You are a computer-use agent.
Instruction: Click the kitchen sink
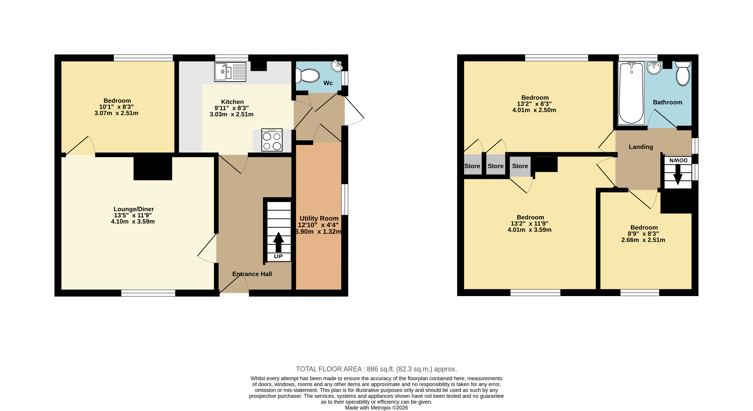point(230,72)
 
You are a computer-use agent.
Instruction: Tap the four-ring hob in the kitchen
point(272,140)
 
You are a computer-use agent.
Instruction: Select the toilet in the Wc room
point(307,76)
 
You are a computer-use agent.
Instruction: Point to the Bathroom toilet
point(683,74)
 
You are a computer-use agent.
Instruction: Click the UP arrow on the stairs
point(278,242)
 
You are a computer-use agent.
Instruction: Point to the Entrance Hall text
point(252,274)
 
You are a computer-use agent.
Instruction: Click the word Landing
point(641,147)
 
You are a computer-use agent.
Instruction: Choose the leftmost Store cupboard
point(472,166)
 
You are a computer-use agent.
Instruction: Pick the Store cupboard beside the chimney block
point(520,166)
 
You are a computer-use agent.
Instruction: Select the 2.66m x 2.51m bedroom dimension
point(643,240)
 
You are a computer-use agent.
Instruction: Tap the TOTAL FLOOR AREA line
point(376,369)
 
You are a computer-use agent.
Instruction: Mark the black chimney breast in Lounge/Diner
point(153,169)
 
